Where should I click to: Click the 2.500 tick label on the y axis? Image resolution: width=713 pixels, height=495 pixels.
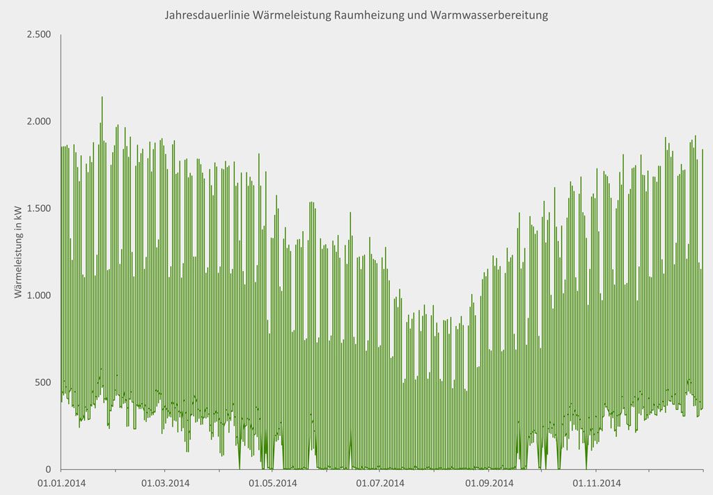(38, 35)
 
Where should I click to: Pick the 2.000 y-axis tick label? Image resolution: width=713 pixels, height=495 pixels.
(38, 122)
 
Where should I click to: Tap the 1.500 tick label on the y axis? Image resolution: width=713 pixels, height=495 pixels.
(38, 209)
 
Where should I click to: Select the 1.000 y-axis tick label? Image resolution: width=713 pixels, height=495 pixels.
(38, 295)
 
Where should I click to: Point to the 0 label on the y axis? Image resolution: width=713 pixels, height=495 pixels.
(49, 469)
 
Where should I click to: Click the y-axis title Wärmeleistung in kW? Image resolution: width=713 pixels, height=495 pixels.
(19, 252)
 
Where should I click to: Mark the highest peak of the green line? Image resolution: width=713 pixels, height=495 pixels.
(102, 97)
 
